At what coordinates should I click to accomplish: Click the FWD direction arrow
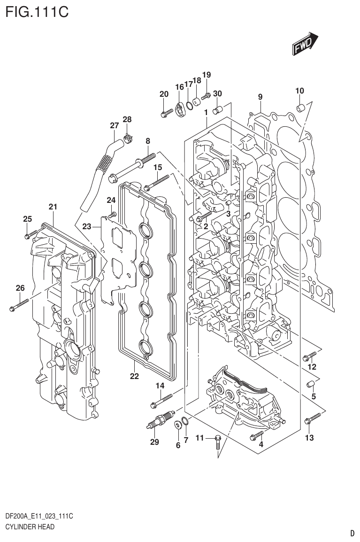[306, 44]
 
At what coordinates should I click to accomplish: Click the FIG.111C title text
[36, 11]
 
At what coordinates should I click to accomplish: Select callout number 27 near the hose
[114, 125]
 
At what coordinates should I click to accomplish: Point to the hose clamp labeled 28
[127, 138]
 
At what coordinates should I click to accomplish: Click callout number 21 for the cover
[53, 207]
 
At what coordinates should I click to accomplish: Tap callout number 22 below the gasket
[134, 376]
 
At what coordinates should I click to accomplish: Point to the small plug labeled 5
[310, 386]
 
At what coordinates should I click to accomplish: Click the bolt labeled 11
[218, 441]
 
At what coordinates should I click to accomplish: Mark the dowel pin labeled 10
[299, 109]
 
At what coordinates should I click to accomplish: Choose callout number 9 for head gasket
[260, 97]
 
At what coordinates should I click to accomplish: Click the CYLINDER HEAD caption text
[29, 527]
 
